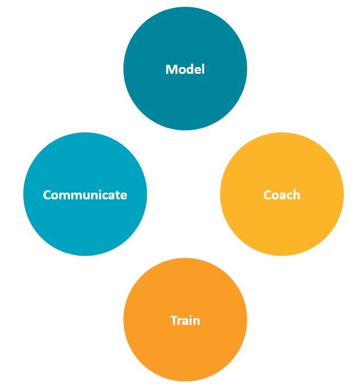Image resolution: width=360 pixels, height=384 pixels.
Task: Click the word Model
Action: click(x=185, y=69)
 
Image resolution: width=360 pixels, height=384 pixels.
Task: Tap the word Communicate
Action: click(x=85, y=195)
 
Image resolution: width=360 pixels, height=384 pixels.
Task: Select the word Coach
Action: click(x=282, y=195)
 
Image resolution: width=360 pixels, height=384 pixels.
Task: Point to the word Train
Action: click(x=185, y=320)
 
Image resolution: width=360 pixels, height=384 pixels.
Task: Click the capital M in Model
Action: click(x=171, y=69)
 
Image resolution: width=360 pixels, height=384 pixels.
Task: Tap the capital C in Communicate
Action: click(x=47, y=195)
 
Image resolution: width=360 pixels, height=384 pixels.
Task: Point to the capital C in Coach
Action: click(x=268, y=195)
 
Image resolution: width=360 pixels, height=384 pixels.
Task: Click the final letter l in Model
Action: click(x=202, y=69)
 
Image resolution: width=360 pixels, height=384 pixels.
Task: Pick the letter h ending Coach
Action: click(x=296, y=195)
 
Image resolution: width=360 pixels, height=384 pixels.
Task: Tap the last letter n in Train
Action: click(x=196, y=320)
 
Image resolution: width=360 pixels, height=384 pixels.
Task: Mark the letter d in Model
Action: click(x=189, y=69)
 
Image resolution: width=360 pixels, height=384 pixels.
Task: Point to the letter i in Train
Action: click(x=190, y=320)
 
